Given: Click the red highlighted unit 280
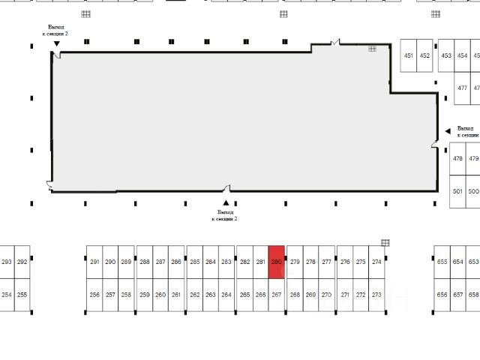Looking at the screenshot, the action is coord(276,262).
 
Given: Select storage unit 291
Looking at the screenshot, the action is coord(94,262).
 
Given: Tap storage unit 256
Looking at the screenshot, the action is coord(94,295).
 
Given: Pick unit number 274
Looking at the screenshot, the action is coord(376,262).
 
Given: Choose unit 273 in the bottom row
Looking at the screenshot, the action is coord(376,295).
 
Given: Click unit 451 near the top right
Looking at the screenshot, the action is coord(409,55).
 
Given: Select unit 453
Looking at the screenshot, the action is coord(446,55).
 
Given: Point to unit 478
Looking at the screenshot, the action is coord(457,158).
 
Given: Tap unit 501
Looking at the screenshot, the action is coord(457,191).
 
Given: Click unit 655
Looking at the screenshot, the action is coord(442,262).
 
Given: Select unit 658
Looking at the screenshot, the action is coord(473,295).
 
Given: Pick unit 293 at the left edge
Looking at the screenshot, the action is coord(7,262).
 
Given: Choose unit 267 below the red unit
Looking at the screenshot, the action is coord(276,295).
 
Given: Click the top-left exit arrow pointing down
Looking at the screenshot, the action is coord(56,44).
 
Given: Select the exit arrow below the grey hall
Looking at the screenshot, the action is coord(224,202).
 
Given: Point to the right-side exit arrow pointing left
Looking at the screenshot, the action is coord(449,130).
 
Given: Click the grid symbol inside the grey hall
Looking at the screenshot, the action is coord(371,49).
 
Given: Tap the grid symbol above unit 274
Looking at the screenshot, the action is coord(385,242).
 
